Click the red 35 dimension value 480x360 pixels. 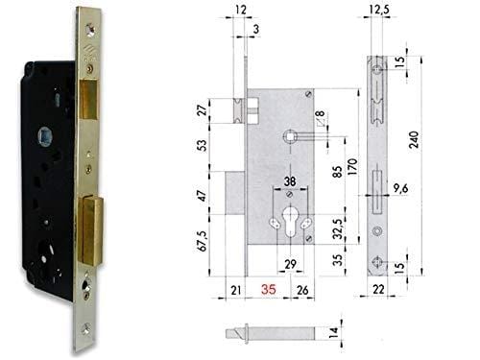(x=269, y=289)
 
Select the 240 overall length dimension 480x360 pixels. (x=414, y=139)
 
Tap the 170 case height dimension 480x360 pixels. (x=352, y=166)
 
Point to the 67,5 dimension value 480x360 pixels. (x=203, y=241)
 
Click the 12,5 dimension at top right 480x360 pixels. (x=379, y=10)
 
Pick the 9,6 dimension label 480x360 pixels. (x=400, y=188)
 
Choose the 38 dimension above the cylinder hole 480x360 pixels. (x=290, y=181)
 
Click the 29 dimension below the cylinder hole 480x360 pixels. (x=290, y=264)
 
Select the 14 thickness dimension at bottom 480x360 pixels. (x=333, y=333)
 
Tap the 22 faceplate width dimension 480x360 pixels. (x=378, y=289)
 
